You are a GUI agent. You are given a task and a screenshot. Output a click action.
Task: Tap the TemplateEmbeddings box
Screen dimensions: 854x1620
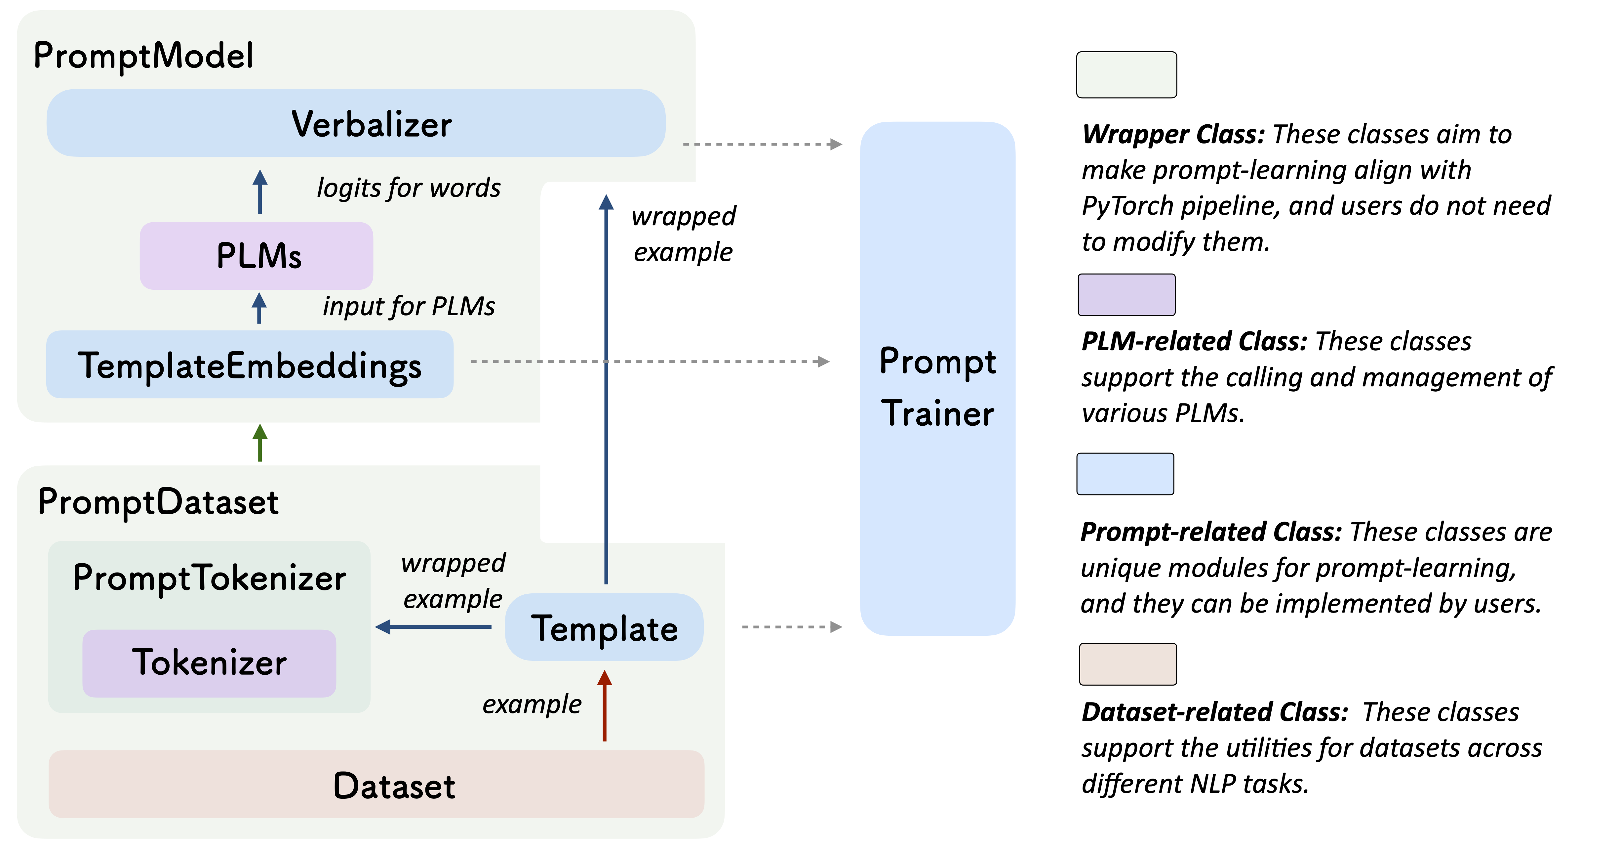(x=250, y=365)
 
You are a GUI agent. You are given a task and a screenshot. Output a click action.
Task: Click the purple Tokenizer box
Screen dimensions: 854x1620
(x=209, y=663)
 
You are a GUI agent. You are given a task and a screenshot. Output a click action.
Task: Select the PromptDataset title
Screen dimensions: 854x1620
(x=158, y=502)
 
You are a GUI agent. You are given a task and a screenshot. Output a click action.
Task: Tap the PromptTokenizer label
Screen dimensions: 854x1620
(x=210, y=578)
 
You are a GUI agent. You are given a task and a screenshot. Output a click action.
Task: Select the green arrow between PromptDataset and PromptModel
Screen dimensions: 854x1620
(x=260, y=443)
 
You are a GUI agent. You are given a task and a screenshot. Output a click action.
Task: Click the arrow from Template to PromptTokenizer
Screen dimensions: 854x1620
(x=434, y=627)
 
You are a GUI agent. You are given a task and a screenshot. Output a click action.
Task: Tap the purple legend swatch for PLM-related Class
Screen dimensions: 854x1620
(x=1126, y=294)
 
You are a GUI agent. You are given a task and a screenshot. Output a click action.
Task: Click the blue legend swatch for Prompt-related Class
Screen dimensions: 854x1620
(x=1125, y=474)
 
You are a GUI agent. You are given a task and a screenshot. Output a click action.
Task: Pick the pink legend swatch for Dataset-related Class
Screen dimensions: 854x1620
(x=1127, y=664)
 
